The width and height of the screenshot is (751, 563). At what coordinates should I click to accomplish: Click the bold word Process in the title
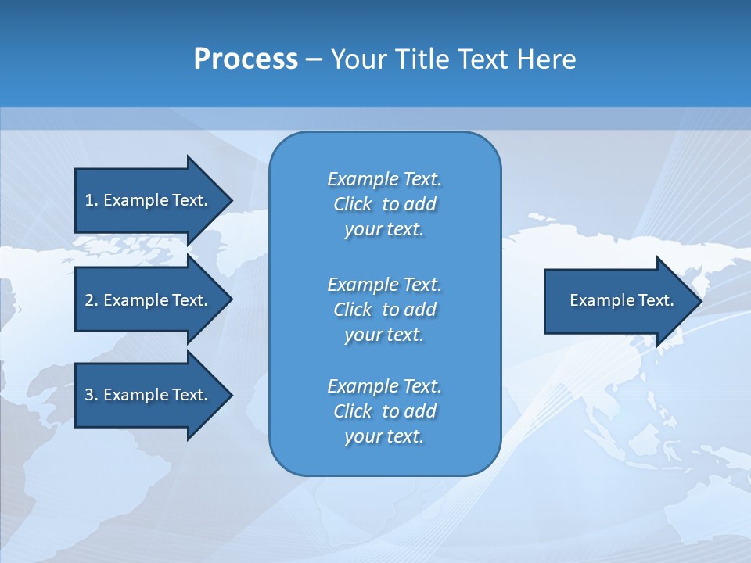pyautogui.click(x=246, y=59)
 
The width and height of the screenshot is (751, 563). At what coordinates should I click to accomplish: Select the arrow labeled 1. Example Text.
pyautogui.click(x=149, y=200)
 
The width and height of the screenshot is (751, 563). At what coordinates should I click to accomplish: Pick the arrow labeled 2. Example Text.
pyautogui.click(x=149, y=300)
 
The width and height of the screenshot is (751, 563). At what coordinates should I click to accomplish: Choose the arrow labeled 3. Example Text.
pyautogui.click(x=149, y=395)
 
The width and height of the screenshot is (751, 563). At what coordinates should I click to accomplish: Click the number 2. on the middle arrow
pyautogui.click(x=91, y=300)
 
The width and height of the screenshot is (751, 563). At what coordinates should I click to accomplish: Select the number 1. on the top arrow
pyautogui.click(x=91, y=200)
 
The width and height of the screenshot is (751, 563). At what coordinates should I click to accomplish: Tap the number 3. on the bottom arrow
pyautogui.click(x=91, y=395)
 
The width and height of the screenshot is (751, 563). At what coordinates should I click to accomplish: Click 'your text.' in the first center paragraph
pyautogui.click(x=384, y=230)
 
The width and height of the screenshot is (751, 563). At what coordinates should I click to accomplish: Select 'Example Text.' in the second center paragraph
pyautogui.click(x=384, y=284)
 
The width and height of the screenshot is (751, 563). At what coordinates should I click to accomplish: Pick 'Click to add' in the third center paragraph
pyautogui.click(x=384, y=411)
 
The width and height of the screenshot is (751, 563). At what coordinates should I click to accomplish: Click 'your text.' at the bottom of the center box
pyautogui.click(x=384, y=437)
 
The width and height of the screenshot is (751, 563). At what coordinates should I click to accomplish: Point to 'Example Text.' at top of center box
pyautogui.click(x=384, y=179)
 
